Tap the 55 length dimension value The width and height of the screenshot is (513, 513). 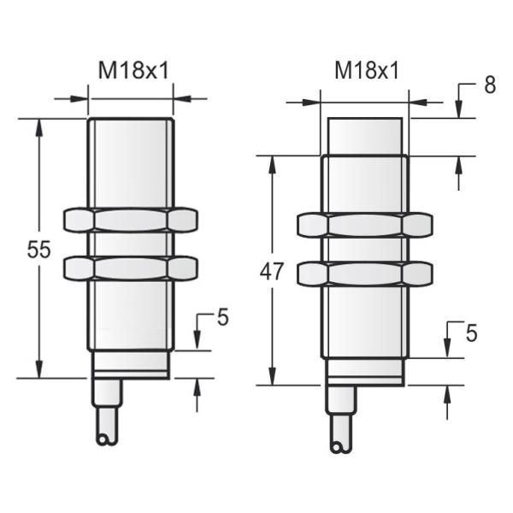39,250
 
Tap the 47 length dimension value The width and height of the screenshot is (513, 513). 272,272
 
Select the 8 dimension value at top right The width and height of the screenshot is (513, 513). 489,86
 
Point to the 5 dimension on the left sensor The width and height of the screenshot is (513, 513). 222,317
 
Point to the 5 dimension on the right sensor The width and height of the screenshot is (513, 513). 471,333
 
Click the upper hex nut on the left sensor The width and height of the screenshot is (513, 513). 130,220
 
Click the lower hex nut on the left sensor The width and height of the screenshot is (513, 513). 130,268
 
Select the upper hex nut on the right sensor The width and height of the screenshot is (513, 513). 364,224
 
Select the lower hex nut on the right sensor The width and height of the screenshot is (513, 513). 364,274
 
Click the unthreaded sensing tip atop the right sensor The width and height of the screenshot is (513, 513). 364,136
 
